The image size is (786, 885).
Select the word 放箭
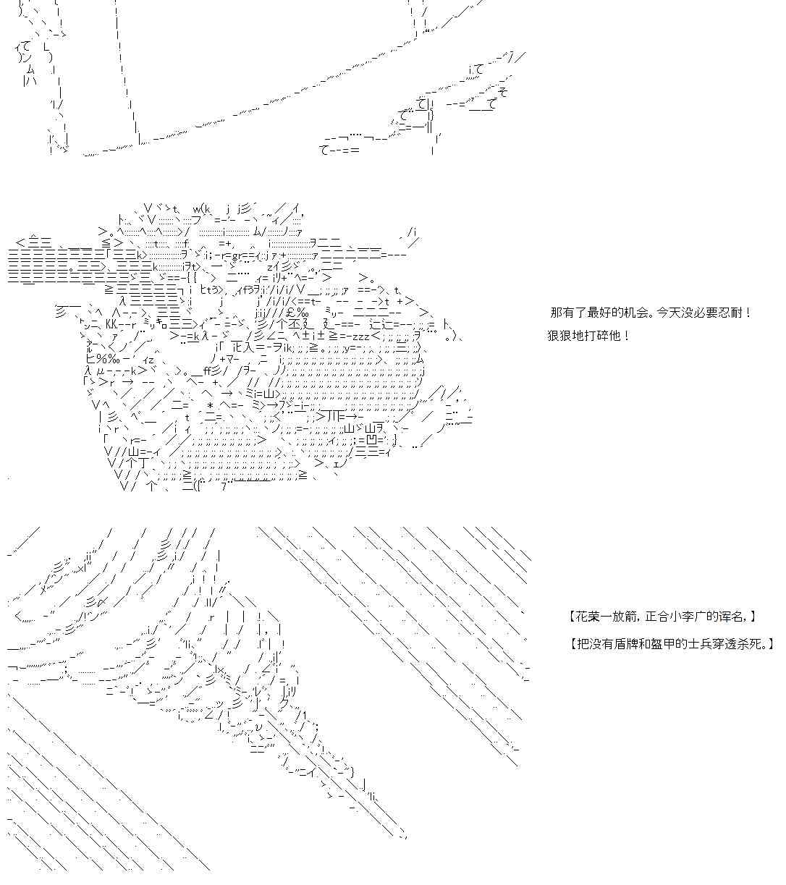(x=623, y=617)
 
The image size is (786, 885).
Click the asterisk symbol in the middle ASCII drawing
(x=210, y=406)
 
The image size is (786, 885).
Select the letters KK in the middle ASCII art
(x=112, y=324)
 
